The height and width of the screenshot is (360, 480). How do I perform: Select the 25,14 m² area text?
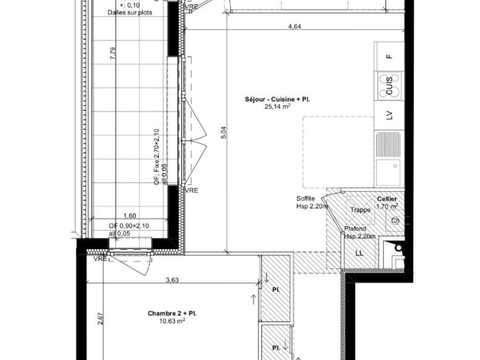(x=277, y=107)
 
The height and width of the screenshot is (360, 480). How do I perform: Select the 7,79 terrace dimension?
(x=113, y=54)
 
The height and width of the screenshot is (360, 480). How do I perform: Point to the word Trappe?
(x=360, y=210)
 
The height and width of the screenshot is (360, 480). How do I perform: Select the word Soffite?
(x=305, y=199)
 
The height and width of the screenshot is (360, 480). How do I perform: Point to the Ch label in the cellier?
(x=395, y=221)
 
